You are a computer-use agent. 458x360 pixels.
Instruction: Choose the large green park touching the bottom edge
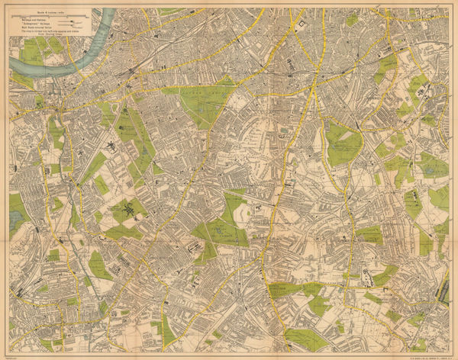coord(305,339)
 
